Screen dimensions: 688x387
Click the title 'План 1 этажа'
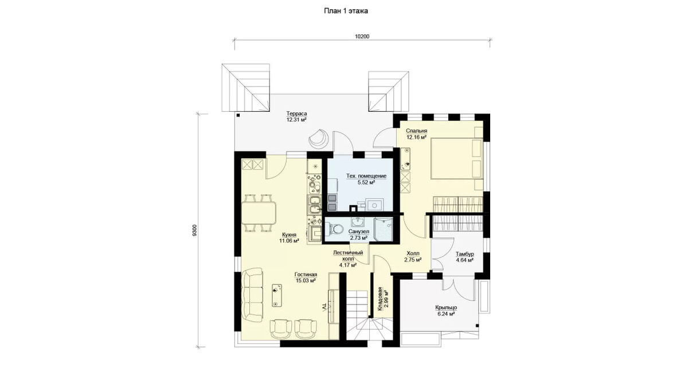(x=346, y=11)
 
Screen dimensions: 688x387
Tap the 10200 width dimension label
(x=362, y=37)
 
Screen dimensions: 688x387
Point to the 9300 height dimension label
(x=194, y=230)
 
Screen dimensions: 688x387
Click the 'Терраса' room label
(x=296, y=114)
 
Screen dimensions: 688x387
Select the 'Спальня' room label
(x=416, y=131)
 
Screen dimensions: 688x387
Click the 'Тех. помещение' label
(x=366, y=176)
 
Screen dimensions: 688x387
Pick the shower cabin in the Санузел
(x=384, y=229)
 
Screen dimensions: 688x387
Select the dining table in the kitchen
(x=259, y=213)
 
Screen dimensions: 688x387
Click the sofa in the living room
(x=252, y=295)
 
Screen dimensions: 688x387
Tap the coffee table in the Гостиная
(x=62, y=295)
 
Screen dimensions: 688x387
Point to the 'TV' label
(x=325, y=307)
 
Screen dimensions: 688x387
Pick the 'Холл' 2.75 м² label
(x=413, y=256)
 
